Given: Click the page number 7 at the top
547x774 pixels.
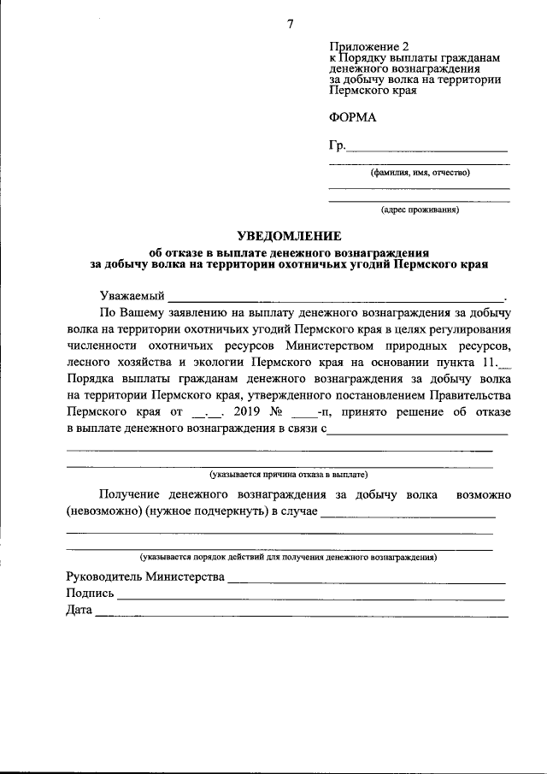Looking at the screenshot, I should click(x=290, y=24).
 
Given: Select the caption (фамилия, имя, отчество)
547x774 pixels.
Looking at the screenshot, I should click(x=420, y=173).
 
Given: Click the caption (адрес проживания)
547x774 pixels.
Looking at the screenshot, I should click(x=420, y=209).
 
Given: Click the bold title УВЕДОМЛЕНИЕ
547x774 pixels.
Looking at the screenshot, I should click(x=289, y=236).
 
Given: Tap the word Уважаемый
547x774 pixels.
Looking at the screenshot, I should click(x=132, y=295).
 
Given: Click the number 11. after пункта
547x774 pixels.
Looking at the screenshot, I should click(x=491, y=363).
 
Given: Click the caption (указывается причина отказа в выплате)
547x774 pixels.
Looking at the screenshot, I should click(x=289, y=473).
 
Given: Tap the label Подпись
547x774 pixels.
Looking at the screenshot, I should click(x=90, y=594).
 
